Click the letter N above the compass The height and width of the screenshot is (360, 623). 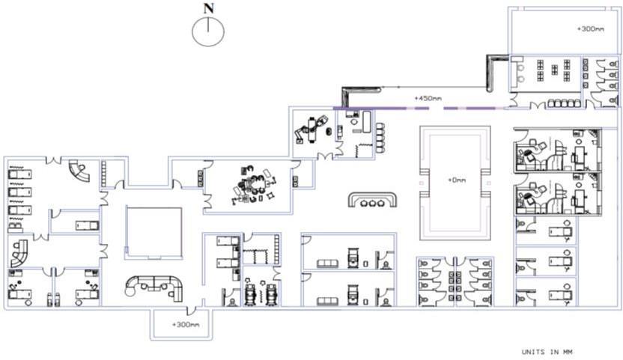point(209,8)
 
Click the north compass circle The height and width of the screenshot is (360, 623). point(209,31)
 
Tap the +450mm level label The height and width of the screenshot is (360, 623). point(428,98)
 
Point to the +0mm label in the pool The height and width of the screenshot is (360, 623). point(456,180)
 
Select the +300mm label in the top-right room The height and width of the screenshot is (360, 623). point(590,28)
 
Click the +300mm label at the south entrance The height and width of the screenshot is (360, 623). point(185,325)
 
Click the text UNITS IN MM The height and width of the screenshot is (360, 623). point(547,351)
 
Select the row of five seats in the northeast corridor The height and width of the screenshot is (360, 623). point(564,103)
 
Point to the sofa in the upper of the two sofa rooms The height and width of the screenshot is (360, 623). point(327,263)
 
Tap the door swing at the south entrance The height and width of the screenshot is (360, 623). point(192,310)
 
